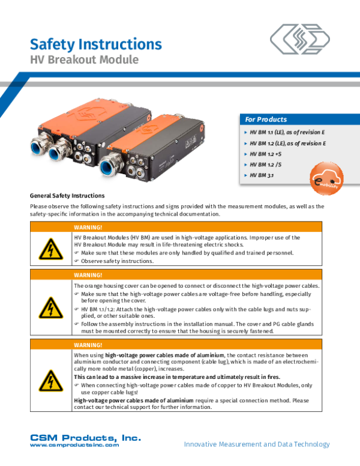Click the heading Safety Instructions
coord(95,44)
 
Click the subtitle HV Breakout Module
coord(84,60)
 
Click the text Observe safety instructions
coord(118,261)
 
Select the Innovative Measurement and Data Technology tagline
coord(256,444)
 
